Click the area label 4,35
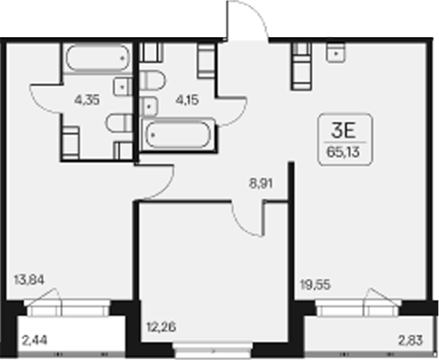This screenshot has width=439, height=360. click(87, 100)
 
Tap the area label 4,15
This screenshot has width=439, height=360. click(188, 100)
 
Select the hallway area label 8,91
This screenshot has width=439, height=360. click(261, 183)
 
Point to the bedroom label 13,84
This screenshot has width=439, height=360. click(29, 280)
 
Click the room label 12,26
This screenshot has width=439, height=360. click(161, 326)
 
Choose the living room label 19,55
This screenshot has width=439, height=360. click(315, 285)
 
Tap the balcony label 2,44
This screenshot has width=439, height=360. click(35, 341)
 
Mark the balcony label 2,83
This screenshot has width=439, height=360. click(411, 341)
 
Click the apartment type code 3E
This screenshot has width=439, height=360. click(343, 131)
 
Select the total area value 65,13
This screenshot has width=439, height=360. click(343, 152)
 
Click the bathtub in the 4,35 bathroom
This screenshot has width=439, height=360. click(98, 57)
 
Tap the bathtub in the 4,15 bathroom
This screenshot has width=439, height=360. click(178, 135)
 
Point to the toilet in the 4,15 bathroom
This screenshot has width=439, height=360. click(152, 80)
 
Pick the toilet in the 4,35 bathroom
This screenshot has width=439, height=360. click(119, 123)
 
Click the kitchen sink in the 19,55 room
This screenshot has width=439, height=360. click(335, 52)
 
